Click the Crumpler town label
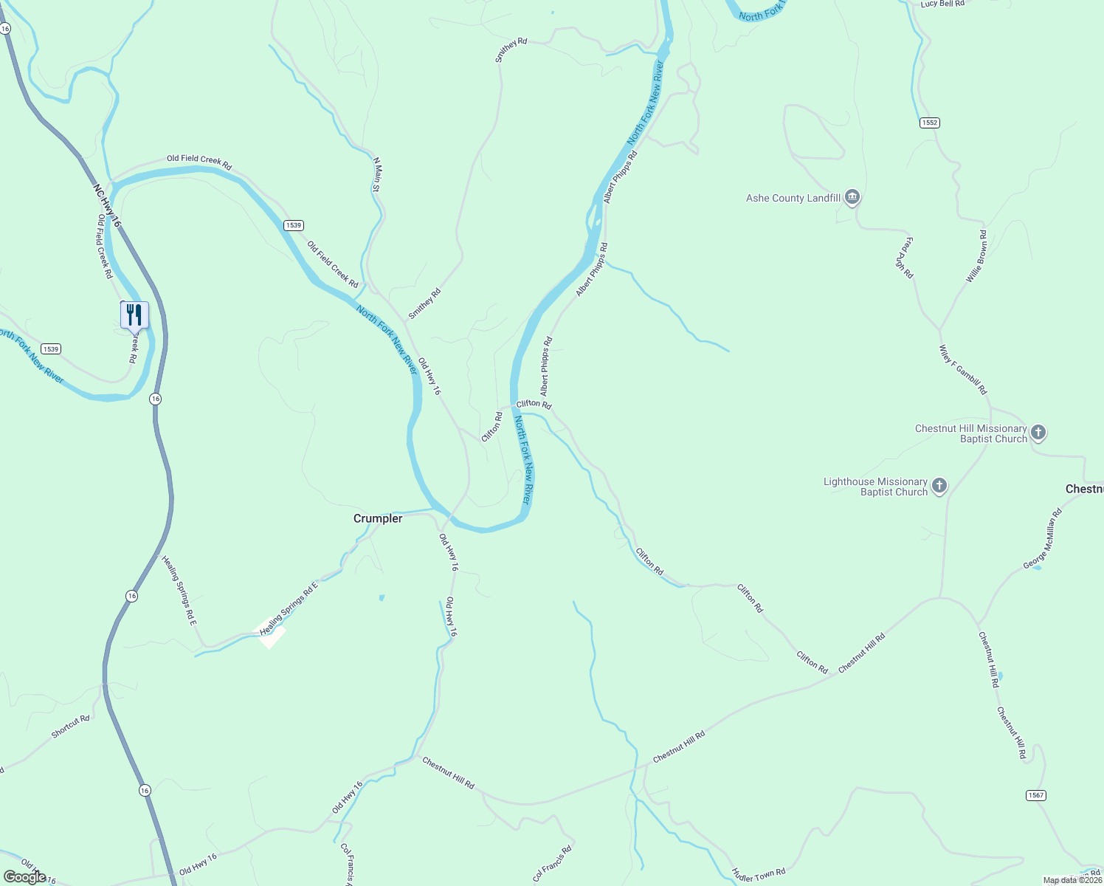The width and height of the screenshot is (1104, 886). pos(378,518)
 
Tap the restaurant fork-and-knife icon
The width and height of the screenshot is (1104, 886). pos(134,315)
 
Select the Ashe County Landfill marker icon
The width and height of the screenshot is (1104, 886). pos(852,197)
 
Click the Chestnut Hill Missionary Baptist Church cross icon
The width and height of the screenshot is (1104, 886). pos(1038,433)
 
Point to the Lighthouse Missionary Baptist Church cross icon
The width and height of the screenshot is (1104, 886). pos(939,486)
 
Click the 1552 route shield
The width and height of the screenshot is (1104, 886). pos(930,123)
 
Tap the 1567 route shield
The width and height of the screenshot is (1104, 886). pos(1036,795)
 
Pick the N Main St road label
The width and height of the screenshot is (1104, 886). pos(376,175)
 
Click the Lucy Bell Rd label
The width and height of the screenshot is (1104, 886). pos(942,4)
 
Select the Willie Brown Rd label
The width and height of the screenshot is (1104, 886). pos(977,256)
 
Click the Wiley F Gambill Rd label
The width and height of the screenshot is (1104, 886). pos(963,370)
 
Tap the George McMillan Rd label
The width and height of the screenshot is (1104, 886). pos(1042,539)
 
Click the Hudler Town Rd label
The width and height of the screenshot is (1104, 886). pos(759,875)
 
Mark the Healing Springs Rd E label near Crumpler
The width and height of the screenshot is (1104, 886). pos(289,608)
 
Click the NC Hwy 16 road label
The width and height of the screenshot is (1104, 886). pos(107,206)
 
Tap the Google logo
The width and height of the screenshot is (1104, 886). pos(24,877)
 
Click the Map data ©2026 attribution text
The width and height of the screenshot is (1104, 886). pos(1072,880)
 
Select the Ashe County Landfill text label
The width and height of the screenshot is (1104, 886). pos(793,198)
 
